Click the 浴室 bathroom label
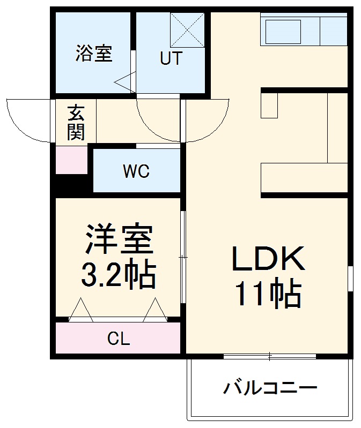(94, 54)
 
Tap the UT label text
(171, 58)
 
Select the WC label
(136, 172)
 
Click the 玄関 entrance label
(76, 123)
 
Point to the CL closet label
(119, 339)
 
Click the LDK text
(268, 260)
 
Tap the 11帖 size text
(268, 293)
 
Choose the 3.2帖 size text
(118, 275)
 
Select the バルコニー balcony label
(270, 387)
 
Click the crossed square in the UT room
(187, 31)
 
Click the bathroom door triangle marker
(125, 81)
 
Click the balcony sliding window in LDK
(270, 356)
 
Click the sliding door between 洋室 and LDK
(183, 257)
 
